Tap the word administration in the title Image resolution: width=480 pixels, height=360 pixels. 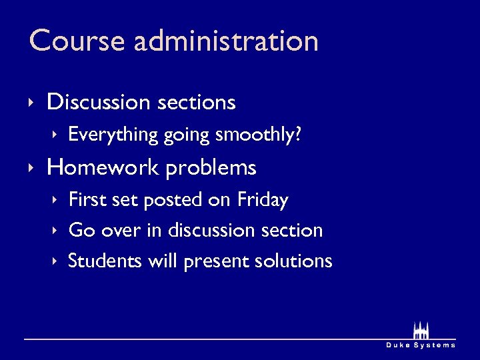click(226, 41)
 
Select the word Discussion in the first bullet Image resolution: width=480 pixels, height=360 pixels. click(99, 102)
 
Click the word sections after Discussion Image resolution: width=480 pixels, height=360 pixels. click(197, 102)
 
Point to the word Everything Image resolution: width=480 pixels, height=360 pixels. click(113, 135)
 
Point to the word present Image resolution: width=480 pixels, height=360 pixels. click(216, 261)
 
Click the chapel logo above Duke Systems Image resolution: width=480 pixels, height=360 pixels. click(421, 331)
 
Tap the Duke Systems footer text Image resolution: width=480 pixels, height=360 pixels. click(421, 345)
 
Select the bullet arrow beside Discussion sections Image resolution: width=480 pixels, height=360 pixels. click(31, 103)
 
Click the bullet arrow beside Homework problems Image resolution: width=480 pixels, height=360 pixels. click(31, 167)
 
